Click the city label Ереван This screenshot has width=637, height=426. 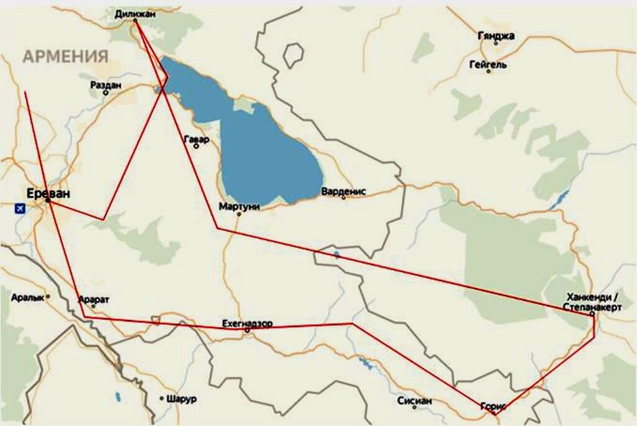pyautogui.click(x=49, y=193)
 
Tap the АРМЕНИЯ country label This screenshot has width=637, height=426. pyautogui.click(x=66, y=57)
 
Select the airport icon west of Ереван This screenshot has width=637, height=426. pyautogui.click(x=21, y=208)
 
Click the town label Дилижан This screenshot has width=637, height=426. pyautogui.click(x=135, y=12)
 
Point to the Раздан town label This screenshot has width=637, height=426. pyautogui.click(x=105, y=84)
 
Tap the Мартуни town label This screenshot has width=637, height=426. pyautogui.click(x=239, y=206)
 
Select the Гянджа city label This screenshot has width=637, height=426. pyautogui.click(x=496, y=36)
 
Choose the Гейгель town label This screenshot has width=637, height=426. pyautogui.click(x=488, y=64)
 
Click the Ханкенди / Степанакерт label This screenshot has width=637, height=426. pyautogui.click(x=591, y=302)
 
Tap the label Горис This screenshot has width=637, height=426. pyautogui.click(x=494, y=406)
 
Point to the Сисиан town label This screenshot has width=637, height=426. pyautogui.click(x=414, y=401)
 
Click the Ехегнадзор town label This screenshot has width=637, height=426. pyautogui.click(x=247, y=324)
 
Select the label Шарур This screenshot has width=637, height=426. pyautogui.click(x=181, y=399)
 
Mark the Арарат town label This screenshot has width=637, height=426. pyautogui.click(x=94, y=299)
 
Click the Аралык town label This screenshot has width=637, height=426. pyautogui.click(x=28, y=297)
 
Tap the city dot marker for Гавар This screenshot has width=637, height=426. pyautogui.click(x=197, y=147)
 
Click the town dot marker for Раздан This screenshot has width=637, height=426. pyautogui.click(x=106, y=93)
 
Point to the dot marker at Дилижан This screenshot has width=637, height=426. pyautogui.click(x=135, y=20)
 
